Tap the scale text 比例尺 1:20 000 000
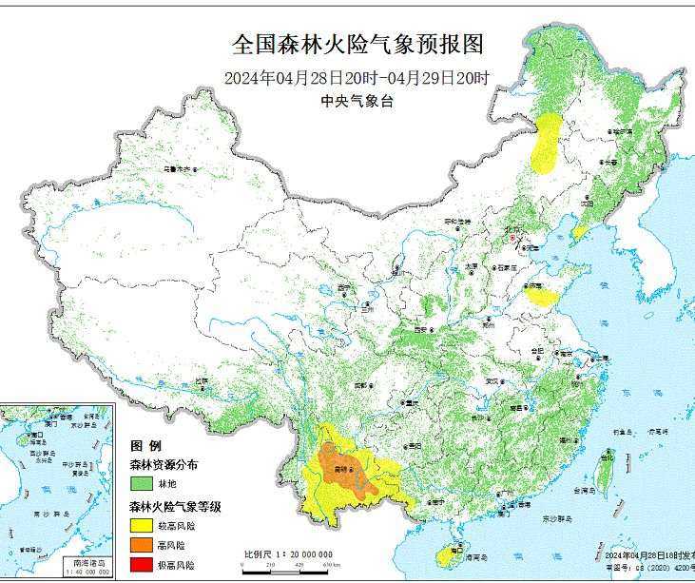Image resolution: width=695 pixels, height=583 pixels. (287, 554)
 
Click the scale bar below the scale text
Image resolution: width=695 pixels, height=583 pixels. (285, 565)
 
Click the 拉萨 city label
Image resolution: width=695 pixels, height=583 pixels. (201, 379)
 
